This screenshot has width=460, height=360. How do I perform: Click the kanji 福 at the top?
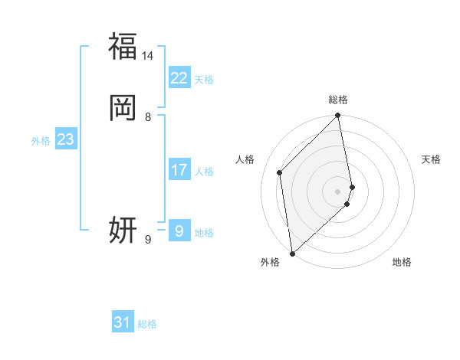(123, 46)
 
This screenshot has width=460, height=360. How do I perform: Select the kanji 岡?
(123, 108)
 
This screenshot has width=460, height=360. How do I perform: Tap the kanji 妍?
(123, 229)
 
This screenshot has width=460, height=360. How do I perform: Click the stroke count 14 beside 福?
(147, 56)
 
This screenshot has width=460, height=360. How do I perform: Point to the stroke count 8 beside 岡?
(148, 117)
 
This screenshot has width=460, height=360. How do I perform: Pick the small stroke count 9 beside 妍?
(148, 240)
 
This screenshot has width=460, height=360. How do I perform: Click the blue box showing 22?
(179, 78)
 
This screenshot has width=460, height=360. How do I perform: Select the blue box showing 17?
(179, 170)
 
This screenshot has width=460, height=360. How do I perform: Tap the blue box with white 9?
(179, 230)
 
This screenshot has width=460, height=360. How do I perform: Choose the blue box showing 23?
(65, 139)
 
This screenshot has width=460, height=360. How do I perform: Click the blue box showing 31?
(123, 322)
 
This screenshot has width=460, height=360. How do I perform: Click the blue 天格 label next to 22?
(204, 80)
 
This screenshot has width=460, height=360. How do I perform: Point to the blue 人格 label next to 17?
(204, 172)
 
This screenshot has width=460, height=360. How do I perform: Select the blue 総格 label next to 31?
(147, 324)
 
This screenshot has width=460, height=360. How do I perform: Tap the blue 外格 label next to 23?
(41, 141)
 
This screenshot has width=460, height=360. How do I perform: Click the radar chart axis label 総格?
(338, 100)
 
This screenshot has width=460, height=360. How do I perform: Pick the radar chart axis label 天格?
(431, 159)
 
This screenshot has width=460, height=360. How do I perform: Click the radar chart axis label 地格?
(402, 262)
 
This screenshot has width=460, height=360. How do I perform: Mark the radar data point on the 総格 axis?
(338, 116)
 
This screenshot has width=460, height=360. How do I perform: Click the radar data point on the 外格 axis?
(292, 252)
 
